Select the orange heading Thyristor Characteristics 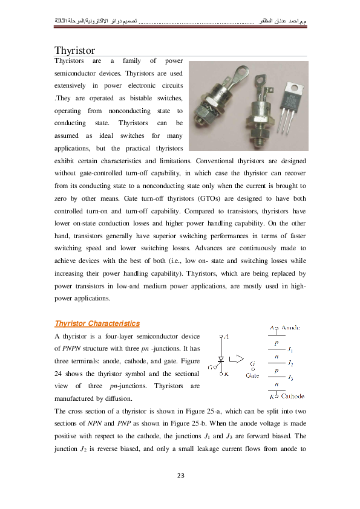tap(97, 323)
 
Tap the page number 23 tap(180, 476)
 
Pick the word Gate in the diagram tap(252, 375)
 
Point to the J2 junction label tap(291, 363)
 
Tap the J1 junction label tap(291, 349)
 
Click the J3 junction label tap(291, 378)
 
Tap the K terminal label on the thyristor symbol tap(226, 374)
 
